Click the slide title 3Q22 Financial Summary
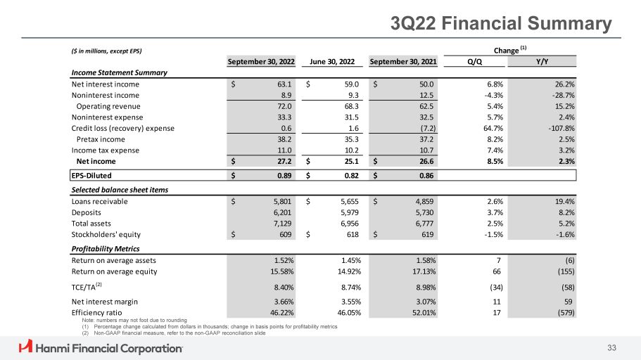[x=501, y=24]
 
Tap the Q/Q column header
[x=474, y=61]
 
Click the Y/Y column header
[x=542, y=61]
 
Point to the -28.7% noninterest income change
[x=561, y=95]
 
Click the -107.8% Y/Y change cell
[x=559, y=128]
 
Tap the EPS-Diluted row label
[x=91, y=176]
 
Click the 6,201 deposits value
[x=281, y=212]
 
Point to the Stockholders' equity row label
[x=106, y=235]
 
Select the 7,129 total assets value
[x=281, y=224]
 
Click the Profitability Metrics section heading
[x=106, y=249]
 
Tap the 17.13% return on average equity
[x=420, y=271]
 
